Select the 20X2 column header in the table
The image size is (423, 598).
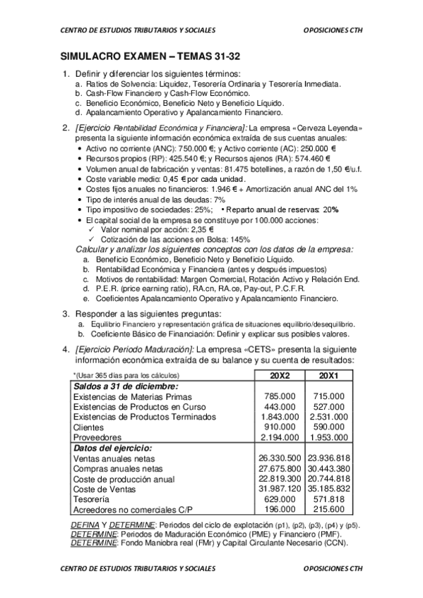(279, 374)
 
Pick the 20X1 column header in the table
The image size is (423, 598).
(328, 374)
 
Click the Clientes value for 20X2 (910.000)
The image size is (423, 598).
(280, 427)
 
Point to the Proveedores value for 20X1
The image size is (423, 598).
(328, 437)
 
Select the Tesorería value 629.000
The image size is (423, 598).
(280, 499)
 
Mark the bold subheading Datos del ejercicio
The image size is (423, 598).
(112, 448)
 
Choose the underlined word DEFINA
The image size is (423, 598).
(85, 525)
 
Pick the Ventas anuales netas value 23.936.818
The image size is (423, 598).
(328, 458)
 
